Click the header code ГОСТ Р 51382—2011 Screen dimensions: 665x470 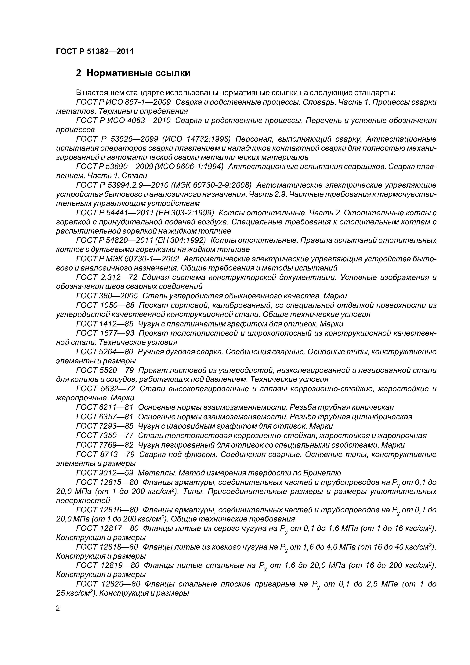click(x=95, y=52)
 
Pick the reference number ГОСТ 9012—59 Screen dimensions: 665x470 click(x=105, y=473)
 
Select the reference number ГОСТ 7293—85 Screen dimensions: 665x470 click(x=105, y=426)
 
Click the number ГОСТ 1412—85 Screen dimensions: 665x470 click(x=105, y=324)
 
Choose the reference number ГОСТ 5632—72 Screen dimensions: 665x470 click(x=105, y=389)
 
